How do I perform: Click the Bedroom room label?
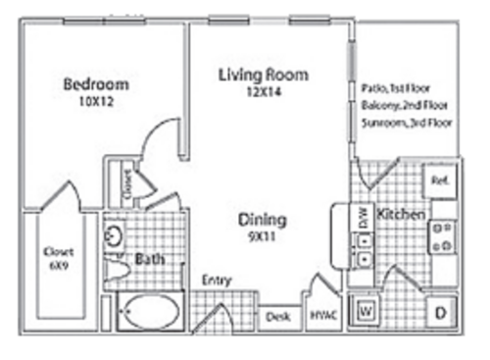coord(96,83)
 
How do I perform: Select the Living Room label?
coord(263,75)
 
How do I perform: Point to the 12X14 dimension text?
coord(263,92)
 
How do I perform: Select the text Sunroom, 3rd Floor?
coord(402,127)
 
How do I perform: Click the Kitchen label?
coord(400,214)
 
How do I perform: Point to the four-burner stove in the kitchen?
coord(440,235)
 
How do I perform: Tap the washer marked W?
coord(367,312)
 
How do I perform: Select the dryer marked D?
coord(439,312)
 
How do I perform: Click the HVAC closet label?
coord(322,316)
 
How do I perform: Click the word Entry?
coord(216,281)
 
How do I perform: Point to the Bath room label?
coord(150,260)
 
